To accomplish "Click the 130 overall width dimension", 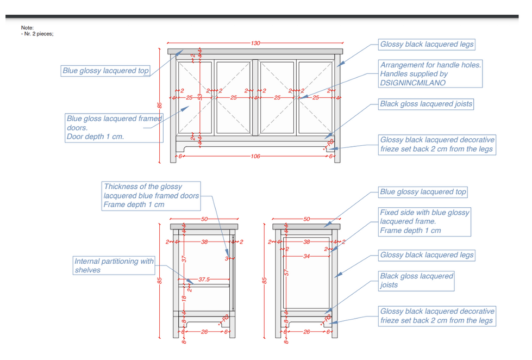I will click(255, 42).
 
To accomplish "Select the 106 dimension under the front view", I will click(255, 156).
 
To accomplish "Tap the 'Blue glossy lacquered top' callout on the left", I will click(105, 71).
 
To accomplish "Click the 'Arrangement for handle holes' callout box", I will click(430, 73).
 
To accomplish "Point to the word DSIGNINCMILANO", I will click(412, 83).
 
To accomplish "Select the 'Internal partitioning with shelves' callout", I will click(114, 265).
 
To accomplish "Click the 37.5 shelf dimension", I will click(204, 280).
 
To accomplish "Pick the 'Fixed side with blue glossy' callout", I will click(424, 221).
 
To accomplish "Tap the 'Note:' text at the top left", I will click(27, 27).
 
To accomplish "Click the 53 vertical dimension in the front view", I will click(199, 97).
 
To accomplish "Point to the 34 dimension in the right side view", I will click(306, 256).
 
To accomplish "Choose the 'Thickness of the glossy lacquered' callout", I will click(151, 196).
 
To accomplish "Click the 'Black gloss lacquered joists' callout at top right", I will click(426, 104).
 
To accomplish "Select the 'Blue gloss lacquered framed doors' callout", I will click(114, 127).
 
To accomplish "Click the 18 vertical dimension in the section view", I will click(184, 299).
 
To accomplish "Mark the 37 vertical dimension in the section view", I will click(184, 259).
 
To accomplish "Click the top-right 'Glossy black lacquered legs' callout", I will click(427, 44).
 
